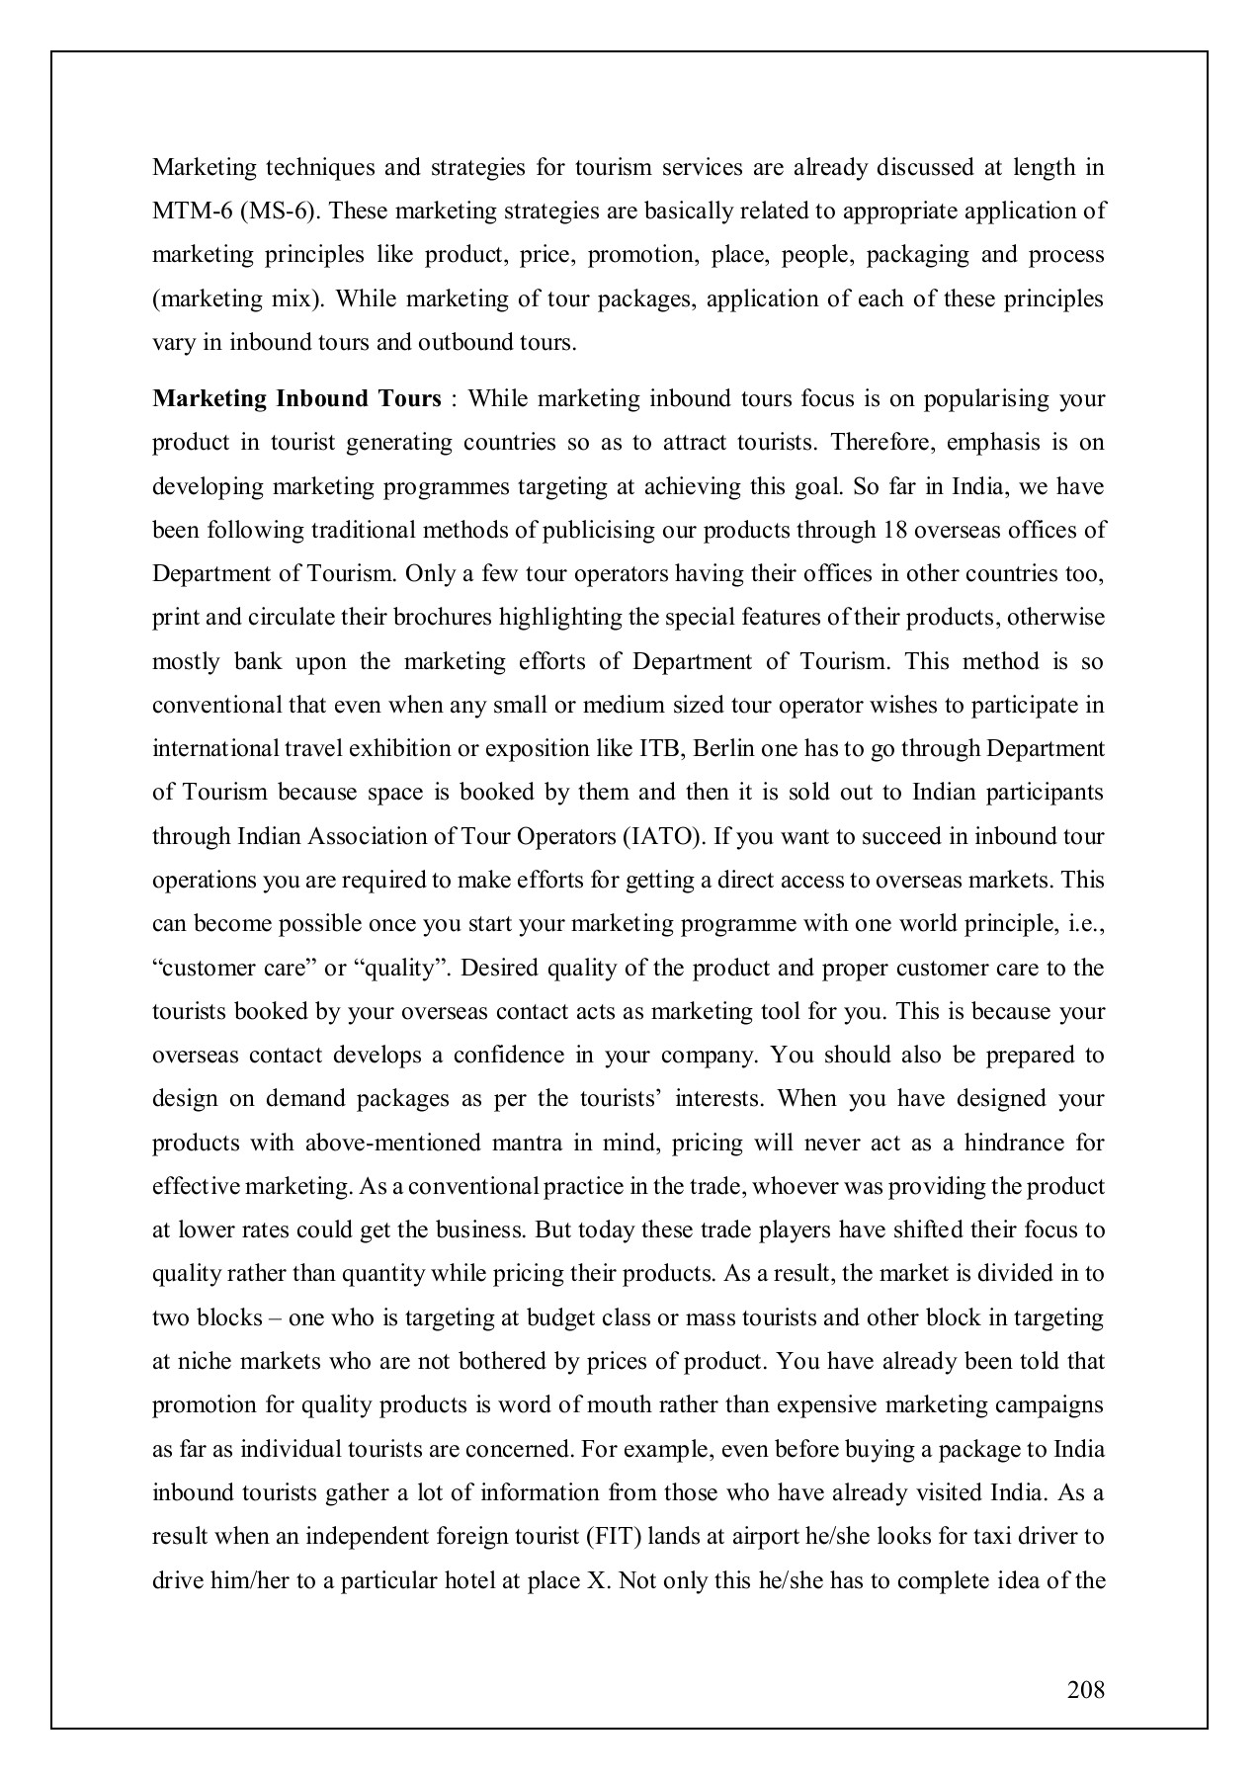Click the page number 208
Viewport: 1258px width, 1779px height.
point(1086,1689)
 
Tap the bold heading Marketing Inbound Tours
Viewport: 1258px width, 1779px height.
point(296,398)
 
